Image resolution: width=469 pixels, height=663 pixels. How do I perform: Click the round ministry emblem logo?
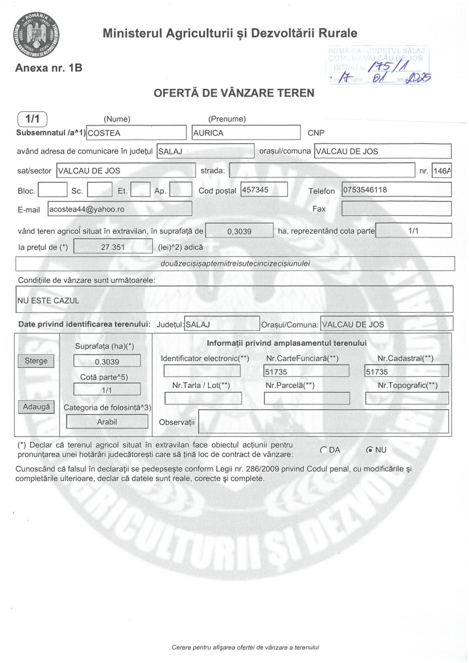pyautogui.click(x=36, y=35)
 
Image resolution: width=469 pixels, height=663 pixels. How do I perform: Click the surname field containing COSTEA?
pyautogui.click(x=136, y=133)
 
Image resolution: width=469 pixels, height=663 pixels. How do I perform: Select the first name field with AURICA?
pyautogui.click(x=246, y=133)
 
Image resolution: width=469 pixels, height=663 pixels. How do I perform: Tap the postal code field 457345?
pyautogui.click(x=264, y=189)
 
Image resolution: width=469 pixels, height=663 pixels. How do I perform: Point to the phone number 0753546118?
pyautogui.click(x=396, y=189)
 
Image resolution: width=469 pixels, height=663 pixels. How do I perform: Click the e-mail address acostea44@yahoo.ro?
pyautogui.click(x=120, y=209)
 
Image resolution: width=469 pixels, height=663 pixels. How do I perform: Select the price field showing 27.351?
pyautogui.click(x=113, y=247)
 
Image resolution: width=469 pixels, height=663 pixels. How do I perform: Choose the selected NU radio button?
pyautogui.click(x=370, y=450)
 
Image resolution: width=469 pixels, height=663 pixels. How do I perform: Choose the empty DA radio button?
pyautogui.click(x=323, y=450)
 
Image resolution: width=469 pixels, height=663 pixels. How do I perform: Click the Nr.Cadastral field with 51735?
pyautogui.click(x=406, y=371)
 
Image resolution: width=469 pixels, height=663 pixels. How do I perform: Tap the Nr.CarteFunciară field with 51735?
pyautogui.click(x=306, y=371)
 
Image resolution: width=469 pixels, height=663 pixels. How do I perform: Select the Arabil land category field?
pyautogui.click(x=107, y=422)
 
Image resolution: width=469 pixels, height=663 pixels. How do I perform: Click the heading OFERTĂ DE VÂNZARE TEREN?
pyautogui.click(x=234, y=93)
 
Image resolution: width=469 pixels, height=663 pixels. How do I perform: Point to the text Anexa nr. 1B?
pyautogui.click(x=49, y=68)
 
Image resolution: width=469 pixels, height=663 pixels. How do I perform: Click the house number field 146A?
pyautogui.click(x=441, y=171)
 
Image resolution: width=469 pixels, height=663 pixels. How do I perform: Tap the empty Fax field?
pyautogui.click(x=396, y=209)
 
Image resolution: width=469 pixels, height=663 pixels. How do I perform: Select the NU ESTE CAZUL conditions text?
pyautogui.click(x=48, y=300)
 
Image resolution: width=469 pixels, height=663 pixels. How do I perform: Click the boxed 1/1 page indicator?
pyautogui.click(x=32, y=119)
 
